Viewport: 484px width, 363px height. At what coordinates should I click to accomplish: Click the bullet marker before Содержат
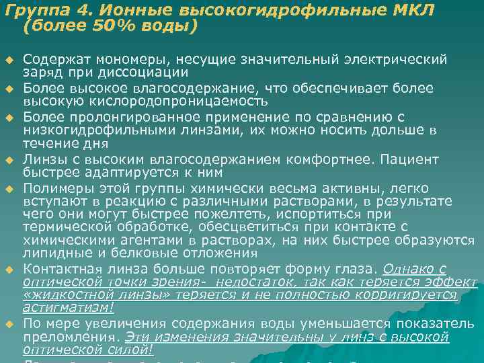pos(9,61)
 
